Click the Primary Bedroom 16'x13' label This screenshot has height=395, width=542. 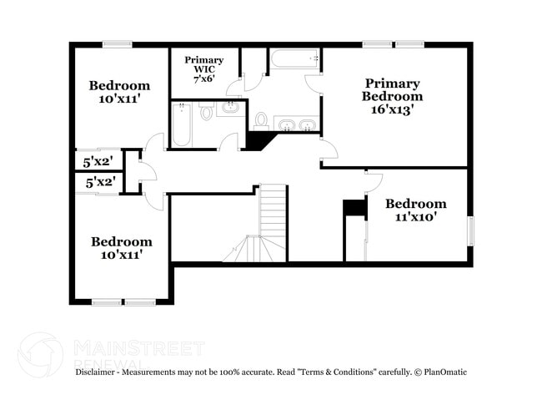(392, 96)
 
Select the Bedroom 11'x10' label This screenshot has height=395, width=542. (415, 210)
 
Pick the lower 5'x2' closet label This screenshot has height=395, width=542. (99, 181)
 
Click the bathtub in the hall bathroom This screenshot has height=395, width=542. (182, 124)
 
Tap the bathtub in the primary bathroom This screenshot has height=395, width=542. (294, 59)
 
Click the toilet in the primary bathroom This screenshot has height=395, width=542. (261, 121)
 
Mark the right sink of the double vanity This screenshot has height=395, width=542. (308, 125)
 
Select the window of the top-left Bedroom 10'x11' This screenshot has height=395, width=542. (118, 44)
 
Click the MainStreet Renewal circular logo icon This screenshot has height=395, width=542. (40, 355)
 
